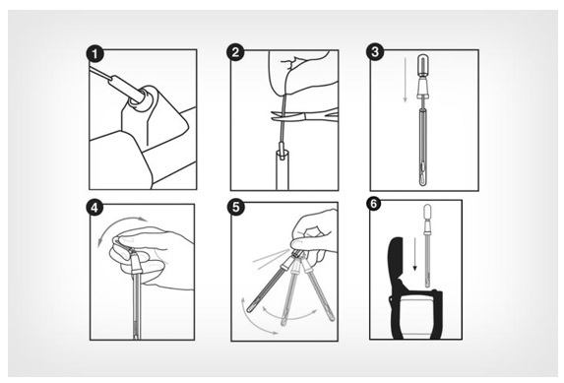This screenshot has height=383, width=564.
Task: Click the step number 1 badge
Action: coord(94,55)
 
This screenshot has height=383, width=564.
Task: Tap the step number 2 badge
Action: coord(235,52)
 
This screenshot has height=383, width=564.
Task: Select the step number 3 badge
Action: coord(375,52)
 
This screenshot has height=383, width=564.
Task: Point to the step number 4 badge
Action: coord(94,208)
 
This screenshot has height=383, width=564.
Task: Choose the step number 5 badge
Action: coord(236,208)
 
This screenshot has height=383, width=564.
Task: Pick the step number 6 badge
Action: coord(374,204)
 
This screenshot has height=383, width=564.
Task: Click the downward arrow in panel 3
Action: coord(405,79)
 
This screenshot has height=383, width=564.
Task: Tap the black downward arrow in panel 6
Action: coord(414,253)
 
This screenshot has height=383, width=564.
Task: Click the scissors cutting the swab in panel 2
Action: coord(304,116)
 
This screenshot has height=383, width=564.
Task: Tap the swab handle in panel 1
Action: coord(119,84)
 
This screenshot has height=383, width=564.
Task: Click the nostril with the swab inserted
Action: coord(142,99)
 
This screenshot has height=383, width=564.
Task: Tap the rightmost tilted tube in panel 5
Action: coord(318,291)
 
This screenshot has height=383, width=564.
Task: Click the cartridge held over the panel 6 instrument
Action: coord(427,245)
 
